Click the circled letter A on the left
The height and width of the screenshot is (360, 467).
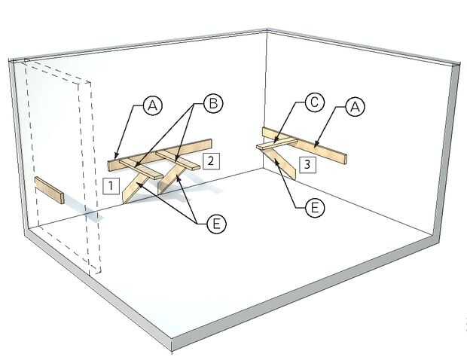(153, 105)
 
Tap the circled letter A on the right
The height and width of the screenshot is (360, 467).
(355, 107)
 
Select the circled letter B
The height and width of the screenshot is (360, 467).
(213, 103)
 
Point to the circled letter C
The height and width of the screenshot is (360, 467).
(313, 102)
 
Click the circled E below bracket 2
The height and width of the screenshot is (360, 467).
(216, 224)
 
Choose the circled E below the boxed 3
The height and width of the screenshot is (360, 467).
(315, 208)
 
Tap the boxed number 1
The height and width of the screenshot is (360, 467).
(111, 186)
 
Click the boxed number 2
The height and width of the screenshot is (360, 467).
(211, 161)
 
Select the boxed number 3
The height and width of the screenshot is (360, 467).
(307, 164)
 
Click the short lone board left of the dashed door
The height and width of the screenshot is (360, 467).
(50, 191)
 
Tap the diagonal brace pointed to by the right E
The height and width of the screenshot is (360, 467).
(279, 163)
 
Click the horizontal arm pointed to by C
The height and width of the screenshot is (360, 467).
(276, 143)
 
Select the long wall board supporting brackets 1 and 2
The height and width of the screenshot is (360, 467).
(160, 155)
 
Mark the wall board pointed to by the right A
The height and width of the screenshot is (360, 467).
(304, 145)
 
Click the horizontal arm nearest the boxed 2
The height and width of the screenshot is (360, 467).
(177, 160)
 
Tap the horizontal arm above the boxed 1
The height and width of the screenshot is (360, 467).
(141, 169)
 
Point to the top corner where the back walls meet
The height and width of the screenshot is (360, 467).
(267, 29)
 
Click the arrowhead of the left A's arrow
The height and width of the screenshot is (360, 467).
(117, 158)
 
